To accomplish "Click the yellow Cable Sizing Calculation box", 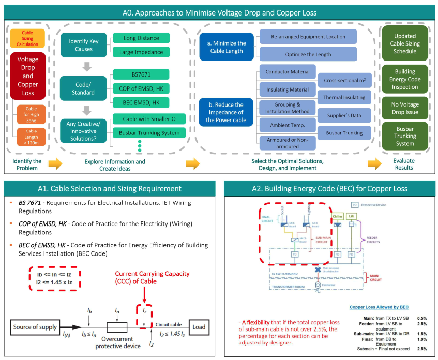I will (x=27, y=38).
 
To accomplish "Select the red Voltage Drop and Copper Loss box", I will (x=27, y=76).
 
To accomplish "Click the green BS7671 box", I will (x=141, y=74).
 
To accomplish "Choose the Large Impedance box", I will (x=141, y=52).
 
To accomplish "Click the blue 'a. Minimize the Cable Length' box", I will (x=227, y=47).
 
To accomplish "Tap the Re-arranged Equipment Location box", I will (x=308, y=37).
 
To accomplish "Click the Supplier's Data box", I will (x=344, y=115).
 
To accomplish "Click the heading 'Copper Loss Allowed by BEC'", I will (x=380, y=307).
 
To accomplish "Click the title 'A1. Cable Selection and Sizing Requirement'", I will (x=110, y=188).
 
